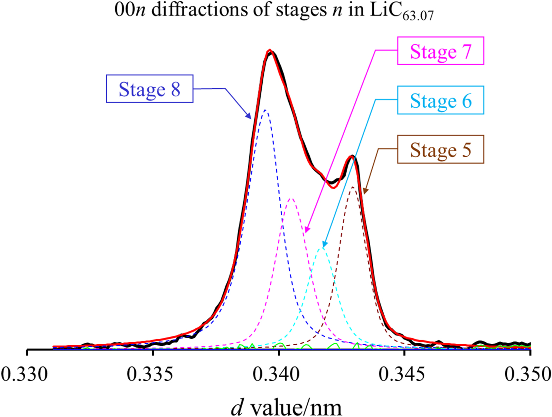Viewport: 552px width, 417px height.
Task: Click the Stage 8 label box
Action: click(149, 89)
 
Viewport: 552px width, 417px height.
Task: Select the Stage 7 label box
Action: click(441, 51)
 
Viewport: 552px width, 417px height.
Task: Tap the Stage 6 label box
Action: click(441, 100)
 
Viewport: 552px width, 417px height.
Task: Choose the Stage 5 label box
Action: click(441, 149)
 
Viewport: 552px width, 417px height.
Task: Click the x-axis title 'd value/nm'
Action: click(286, 407)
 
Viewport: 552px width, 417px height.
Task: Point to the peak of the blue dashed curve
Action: click(265, 110)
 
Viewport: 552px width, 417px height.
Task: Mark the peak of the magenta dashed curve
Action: click(291, 198)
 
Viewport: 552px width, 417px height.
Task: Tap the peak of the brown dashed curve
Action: click(353, 187)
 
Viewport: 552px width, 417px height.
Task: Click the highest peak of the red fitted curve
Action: click(270, 50)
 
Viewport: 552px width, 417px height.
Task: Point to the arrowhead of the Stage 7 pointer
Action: click(306, 231)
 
